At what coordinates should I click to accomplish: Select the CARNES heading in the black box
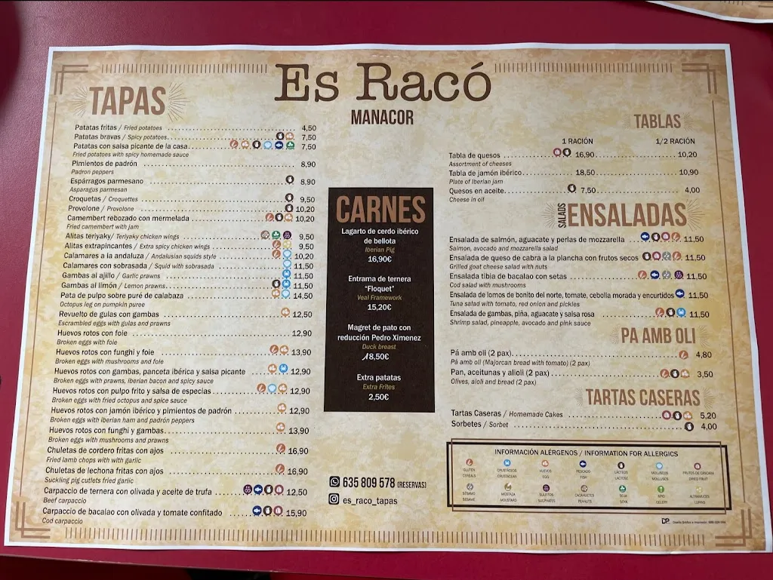[x=380, y=210]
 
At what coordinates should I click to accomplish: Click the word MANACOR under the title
[x=382, y=118]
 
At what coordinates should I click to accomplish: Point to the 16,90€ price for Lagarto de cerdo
[x=379, y=259]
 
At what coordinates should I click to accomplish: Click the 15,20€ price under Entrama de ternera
[x=379, y=307]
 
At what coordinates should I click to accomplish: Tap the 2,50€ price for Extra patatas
[x=380, y=397]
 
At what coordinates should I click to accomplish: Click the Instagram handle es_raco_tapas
[x=369, y=500]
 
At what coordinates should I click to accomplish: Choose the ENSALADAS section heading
[x=627, y=215]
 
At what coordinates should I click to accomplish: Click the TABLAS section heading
[x=657, y=121]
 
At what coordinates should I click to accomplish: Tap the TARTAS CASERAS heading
[x=642, y=397]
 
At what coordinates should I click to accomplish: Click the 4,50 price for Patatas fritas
[x=309, y=128]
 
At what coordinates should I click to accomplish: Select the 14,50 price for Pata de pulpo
[x=303, y=296]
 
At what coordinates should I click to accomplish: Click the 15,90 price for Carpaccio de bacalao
[x=297, y=513]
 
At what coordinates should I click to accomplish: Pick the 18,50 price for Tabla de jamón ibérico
[x=585, y=173]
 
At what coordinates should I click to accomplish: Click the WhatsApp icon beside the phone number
[x=335, y=482]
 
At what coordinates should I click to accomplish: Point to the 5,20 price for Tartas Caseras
[x=708, y=416]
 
